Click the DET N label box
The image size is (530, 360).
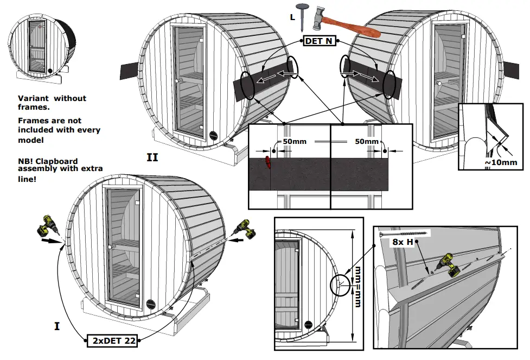[x=318, y=41]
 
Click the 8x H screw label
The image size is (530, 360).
[x=403, y=242]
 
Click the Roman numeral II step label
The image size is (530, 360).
[x=152, y=157]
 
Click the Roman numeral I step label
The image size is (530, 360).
[x=57, y=326]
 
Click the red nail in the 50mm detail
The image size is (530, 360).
[x=267, y=162]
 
